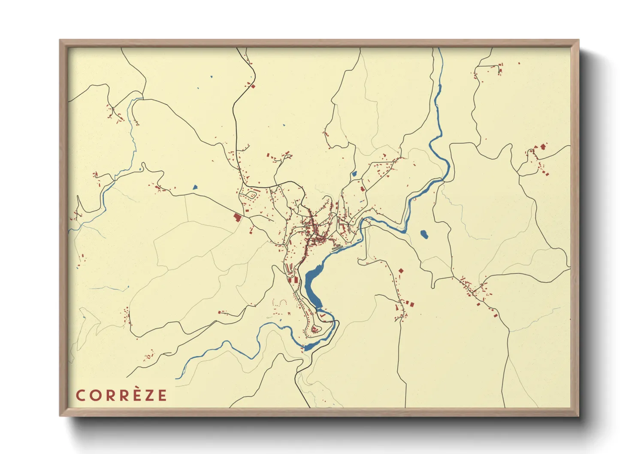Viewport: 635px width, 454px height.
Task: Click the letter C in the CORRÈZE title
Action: tap(80, 396)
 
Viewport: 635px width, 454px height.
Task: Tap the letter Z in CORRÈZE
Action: tap(148, 396)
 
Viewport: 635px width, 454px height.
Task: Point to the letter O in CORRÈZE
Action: tap(94, 396)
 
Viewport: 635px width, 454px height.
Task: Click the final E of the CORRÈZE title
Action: tap(162, 396)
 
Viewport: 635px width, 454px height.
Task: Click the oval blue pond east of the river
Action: tap(424, 234)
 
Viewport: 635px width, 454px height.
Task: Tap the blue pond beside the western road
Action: tap(195, 187)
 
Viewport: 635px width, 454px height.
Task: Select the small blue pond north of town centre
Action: tap(354, 174)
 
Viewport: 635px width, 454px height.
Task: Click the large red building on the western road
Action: tap(237, 217)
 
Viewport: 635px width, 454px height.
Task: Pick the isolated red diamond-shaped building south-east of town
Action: tap(401, 271)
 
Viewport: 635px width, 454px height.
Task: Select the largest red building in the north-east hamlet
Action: tap(542, 147)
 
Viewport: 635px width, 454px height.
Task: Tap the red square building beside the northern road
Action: tap(253, 86)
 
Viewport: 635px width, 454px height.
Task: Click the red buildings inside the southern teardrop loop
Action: tap(315, 330)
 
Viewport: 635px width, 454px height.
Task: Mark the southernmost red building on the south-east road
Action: tap(496, 316)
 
